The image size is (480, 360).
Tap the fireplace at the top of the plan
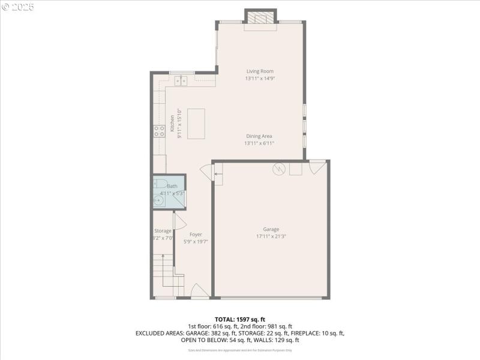[260, 19]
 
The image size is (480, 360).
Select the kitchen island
[196, 124]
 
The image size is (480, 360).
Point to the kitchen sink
[178, 81]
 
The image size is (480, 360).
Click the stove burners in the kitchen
[160, 131]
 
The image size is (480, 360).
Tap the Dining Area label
[259, 136]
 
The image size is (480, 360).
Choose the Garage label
[271, 229]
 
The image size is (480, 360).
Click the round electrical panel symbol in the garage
[278, 169]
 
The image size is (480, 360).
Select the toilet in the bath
[160, 184]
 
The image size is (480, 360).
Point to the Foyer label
[196, 234]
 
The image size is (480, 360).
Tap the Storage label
[163, 231]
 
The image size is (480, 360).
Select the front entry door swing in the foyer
[199, 292]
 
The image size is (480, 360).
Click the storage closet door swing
[179, 220]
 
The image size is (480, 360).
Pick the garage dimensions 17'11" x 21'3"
[271, 236]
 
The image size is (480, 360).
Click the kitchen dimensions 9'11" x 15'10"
[179, 124]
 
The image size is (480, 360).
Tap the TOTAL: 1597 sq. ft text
[240, 319]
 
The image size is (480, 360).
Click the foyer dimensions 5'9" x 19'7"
[196, 241]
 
